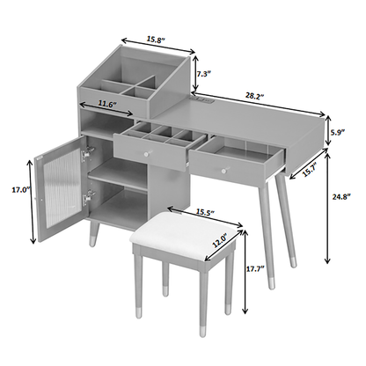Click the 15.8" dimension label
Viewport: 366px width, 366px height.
coord(157,40)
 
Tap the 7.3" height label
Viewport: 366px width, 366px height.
coord(204,74)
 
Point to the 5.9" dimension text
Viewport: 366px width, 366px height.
coord(337,132)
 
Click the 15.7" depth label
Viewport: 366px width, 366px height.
coord(310,169)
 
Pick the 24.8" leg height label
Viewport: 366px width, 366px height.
coord(341,197)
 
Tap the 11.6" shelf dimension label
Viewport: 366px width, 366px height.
coord(107,104)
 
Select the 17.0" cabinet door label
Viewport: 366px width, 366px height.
coord(21,190)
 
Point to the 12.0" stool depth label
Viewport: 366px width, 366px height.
coord(221,241)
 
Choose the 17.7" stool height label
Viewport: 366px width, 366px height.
coord(255,268)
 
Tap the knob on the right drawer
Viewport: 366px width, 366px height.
coord(224,171)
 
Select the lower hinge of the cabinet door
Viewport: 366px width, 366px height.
coord(89,196)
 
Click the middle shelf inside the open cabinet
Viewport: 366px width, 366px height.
coord(117,173)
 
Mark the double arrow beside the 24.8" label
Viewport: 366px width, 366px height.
coord(327,208)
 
